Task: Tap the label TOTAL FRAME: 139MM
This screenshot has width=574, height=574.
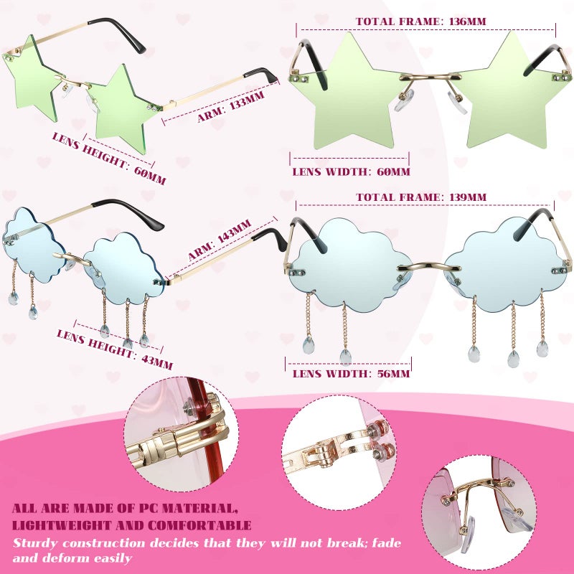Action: coord(421,197)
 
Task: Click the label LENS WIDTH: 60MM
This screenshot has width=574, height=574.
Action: coord(352,171)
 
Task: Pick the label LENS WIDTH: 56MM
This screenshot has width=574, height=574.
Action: coord(352,373)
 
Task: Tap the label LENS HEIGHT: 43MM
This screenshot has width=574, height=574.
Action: coord(115,350)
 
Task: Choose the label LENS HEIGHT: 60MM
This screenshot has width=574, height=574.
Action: coord(108,158)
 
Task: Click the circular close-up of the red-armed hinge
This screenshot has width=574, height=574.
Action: coord(177,435)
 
